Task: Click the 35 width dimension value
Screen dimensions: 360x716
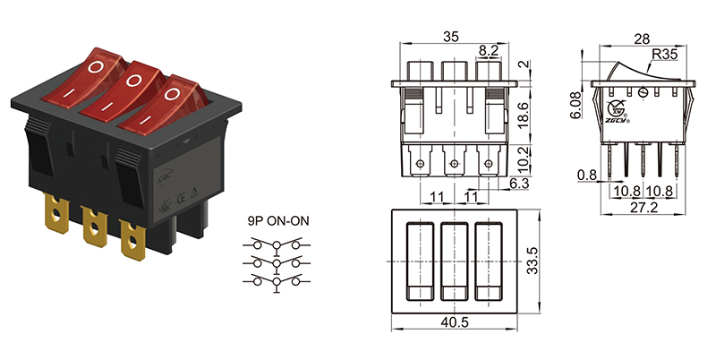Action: (x=452, y=37)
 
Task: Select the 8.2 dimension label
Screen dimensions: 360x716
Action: (x=489, y=51)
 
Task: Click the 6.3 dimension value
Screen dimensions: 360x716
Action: (x=518, y=183)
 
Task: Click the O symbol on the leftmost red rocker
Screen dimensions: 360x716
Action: (x=97, y=66)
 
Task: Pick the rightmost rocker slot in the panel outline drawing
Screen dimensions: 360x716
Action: (x=489, y=261)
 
